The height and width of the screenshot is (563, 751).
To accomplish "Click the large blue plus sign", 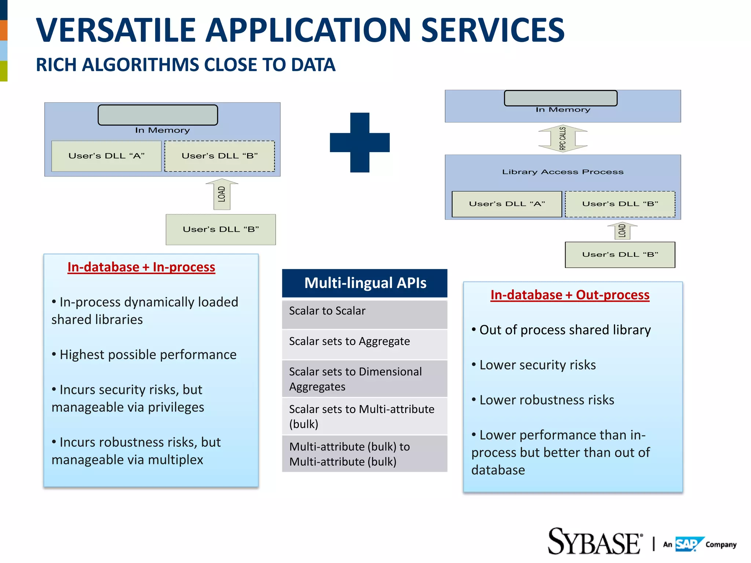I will coord(359,142).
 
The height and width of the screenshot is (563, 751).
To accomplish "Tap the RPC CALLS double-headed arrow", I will coord(563,139).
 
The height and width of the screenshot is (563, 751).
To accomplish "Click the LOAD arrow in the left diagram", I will coord(222,194).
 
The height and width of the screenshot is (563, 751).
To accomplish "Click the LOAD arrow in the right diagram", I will coord(622,231).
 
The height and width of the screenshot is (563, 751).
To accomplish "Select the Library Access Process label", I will coord(563,172).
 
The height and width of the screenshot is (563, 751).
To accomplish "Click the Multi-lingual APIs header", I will coord(365,283).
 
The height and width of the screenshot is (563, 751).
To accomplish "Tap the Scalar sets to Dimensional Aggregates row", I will coord(365,379).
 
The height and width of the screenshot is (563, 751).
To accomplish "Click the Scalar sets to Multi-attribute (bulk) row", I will coord(365,416).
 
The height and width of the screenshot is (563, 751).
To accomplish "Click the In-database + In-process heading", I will coord(141,267).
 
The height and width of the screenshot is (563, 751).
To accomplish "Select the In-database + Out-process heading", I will coord(570,295).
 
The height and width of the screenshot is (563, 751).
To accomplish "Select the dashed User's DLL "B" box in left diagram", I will coord(220,156).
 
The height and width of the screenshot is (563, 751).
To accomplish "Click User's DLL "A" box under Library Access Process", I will coord(507,204).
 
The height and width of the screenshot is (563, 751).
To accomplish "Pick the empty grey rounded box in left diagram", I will coord(158,115).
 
